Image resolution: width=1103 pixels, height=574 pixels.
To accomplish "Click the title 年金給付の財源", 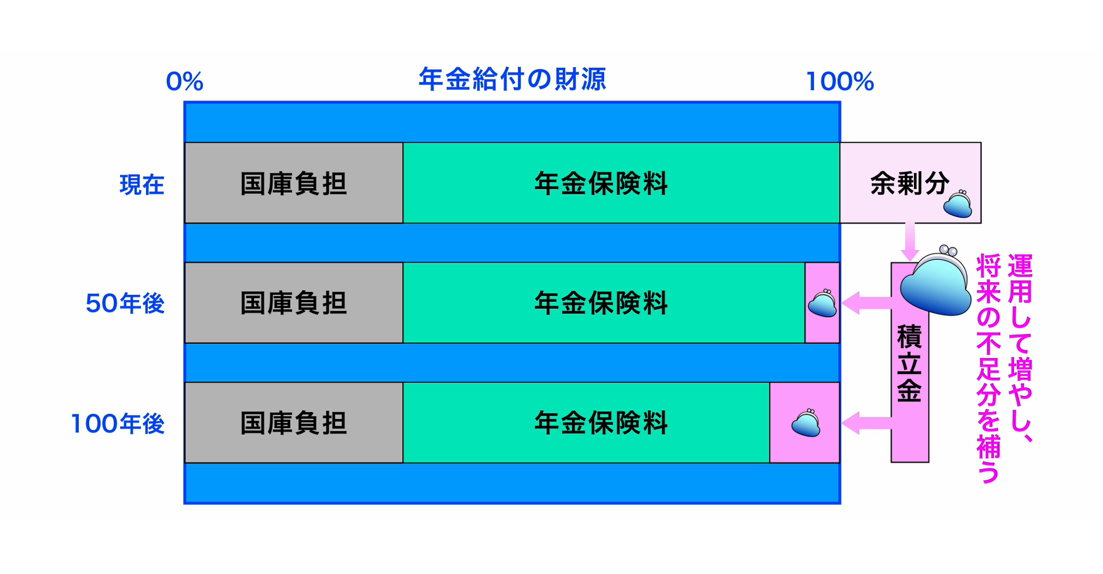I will [x=512, y=79].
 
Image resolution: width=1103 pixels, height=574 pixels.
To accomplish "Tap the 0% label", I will [x=184, y=82].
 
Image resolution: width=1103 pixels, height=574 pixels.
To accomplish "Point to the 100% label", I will [x=839, y=82].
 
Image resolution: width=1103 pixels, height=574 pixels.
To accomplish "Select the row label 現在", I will [x=142, y=185].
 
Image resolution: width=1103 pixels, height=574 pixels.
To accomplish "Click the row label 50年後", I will [x=125, y=304].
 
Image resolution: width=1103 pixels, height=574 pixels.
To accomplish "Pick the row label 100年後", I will [x=118, y=424].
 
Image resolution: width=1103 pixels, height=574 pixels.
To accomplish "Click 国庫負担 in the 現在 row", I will [x=293, y=184].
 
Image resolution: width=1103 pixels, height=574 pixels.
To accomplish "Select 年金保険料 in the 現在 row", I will [x=600, y=184].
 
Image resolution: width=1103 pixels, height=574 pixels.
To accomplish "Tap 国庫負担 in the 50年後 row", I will [x=293, y=303].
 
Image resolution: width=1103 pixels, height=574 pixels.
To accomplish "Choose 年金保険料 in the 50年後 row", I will [x=600, y=303].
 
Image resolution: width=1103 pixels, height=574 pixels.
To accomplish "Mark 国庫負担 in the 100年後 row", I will [x=293, y=423].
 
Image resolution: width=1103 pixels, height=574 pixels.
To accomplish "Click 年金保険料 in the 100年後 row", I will [x=600, y=423].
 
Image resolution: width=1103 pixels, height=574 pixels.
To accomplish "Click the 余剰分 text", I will [x=909, y=183].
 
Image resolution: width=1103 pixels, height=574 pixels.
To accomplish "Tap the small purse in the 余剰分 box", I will [x=958, y=204].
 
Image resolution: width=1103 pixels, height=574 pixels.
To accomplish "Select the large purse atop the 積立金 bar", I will [x=935, y=281].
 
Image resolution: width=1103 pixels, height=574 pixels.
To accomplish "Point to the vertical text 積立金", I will [x=909, y=363].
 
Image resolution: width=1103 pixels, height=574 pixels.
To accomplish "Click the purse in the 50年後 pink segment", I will [x=822, y=304].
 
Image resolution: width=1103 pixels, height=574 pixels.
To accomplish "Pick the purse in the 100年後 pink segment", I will [x=806, y=423].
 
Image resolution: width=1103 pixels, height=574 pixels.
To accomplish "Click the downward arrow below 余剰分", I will [x=910, y=242].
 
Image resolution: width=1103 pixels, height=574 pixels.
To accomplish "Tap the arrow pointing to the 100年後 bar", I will [x=865, y=423].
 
